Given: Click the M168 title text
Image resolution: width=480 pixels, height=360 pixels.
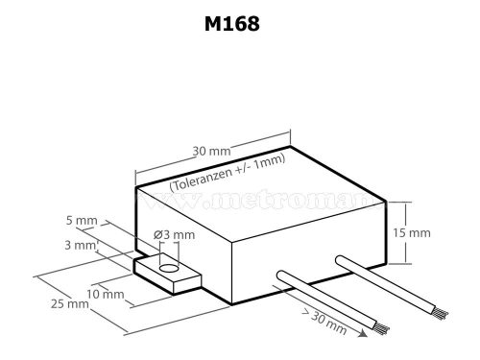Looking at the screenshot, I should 231,24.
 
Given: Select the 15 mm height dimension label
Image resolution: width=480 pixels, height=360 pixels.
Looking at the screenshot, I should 413,233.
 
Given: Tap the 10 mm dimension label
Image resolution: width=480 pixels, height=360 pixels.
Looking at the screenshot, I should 105,293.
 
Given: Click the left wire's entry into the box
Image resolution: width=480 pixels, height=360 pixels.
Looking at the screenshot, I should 279,278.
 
